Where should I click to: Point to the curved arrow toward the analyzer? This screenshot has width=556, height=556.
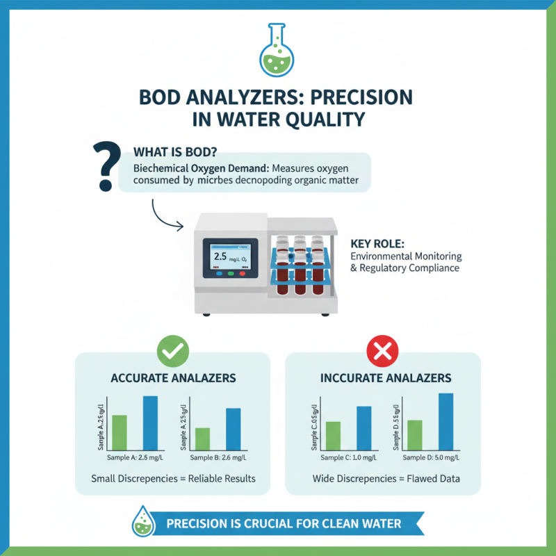[x=165, y=215]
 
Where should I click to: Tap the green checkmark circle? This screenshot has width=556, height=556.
[x=172, y=353]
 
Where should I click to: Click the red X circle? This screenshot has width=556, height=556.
[x=381, y=353]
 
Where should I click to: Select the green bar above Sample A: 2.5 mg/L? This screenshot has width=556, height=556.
[x=120, y=432]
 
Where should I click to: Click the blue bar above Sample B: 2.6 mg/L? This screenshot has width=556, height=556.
[x=233, y=429]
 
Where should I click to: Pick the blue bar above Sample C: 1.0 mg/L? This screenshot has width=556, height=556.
[x=364, y=427]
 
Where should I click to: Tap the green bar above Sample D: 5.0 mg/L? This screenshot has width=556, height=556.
[x=415, y=434]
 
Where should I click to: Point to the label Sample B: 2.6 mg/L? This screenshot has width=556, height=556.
[x=218, y=457]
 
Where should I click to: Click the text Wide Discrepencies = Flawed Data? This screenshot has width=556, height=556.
[x=386, y=479]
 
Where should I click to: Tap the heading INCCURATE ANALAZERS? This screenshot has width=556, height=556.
[x=386, y=379]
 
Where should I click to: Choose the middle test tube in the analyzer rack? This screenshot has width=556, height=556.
[x=300, y=269]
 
